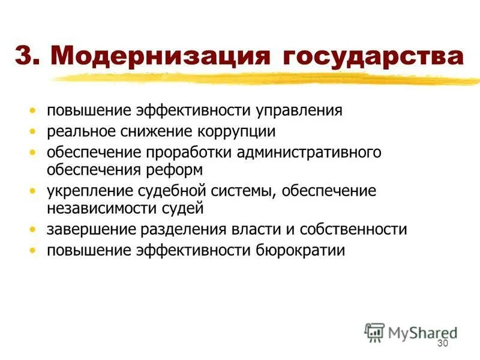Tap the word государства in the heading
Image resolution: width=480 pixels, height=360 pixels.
(370, 58)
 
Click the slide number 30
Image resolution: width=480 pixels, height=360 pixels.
(443, 343)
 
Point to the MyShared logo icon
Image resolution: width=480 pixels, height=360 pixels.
(375, 332)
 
